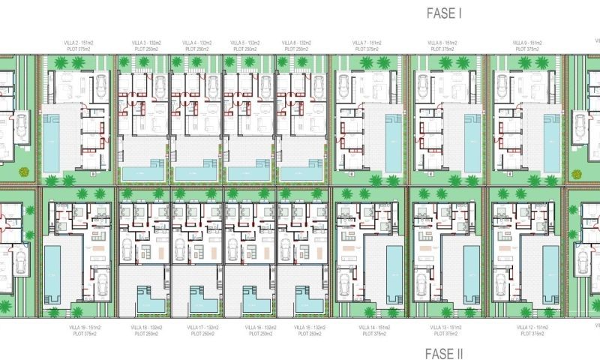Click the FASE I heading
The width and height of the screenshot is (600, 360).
(x=443, y=13)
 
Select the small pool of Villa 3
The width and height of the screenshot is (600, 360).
(x=142, y=172)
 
